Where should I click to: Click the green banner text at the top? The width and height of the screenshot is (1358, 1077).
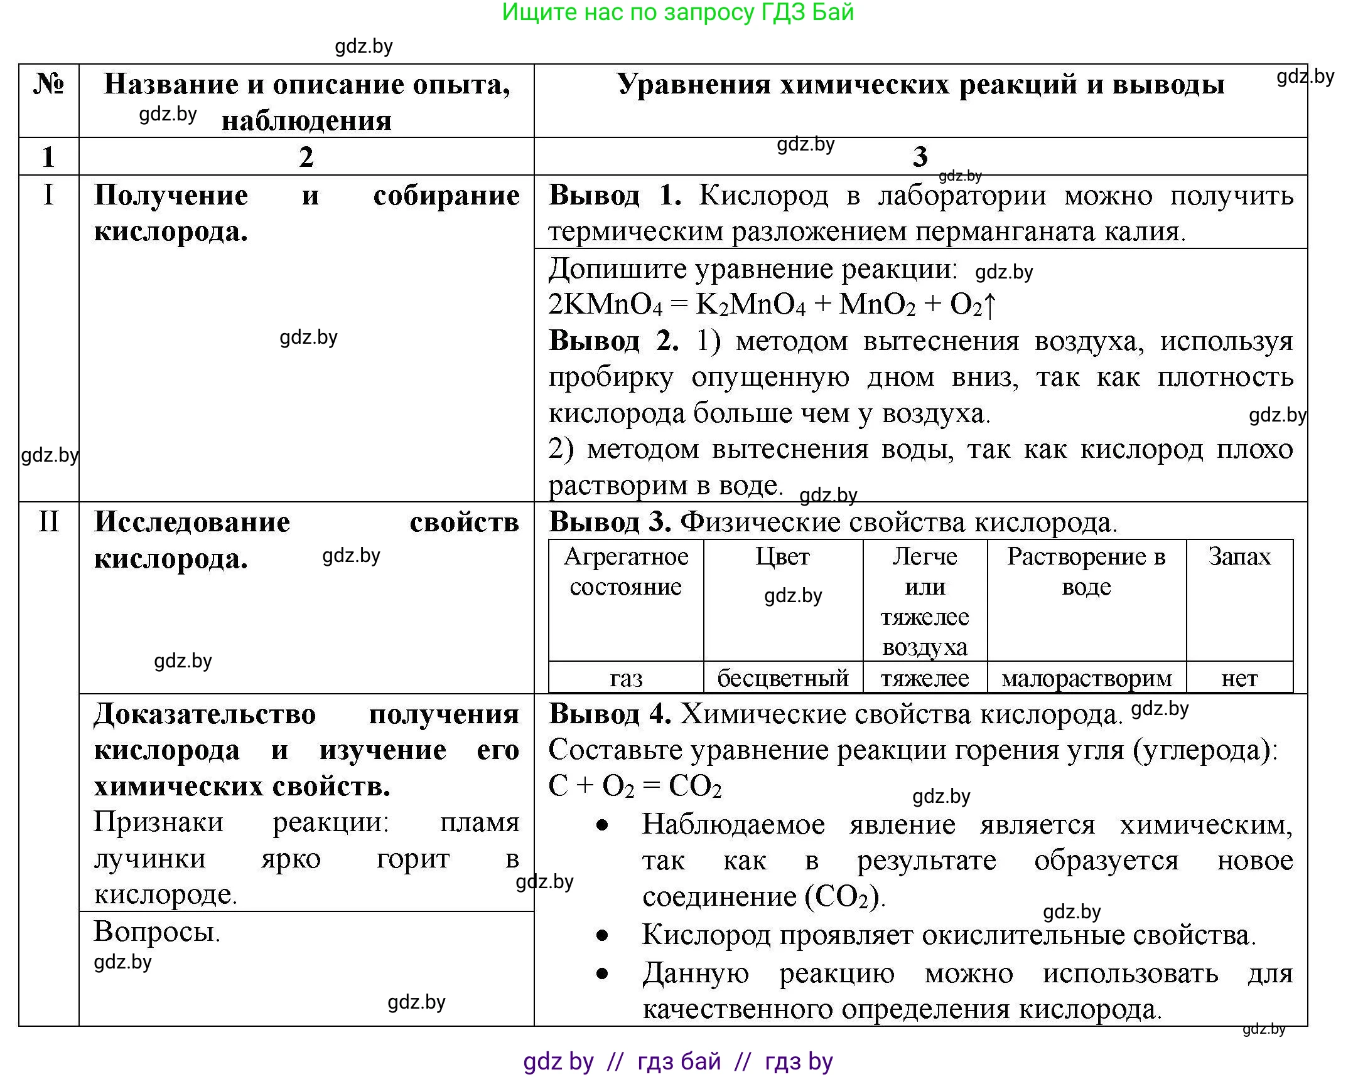point(677,13)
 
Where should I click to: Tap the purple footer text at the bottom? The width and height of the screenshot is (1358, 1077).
point(677,1061)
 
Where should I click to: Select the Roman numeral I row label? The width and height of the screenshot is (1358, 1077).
point(48,196)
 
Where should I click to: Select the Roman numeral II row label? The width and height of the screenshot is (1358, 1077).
point(48,522)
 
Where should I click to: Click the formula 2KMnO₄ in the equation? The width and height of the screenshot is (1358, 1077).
point(605,305)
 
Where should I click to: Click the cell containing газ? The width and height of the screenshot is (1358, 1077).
point(625,678)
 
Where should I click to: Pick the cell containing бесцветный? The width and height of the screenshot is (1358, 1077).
point(782,678)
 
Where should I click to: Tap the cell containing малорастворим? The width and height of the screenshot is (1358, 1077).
point(1087,678)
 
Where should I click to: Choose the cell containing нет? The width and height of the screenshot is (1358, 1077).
point(1239,678)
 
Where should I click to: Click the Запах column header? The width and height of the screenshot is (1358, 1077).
point(1239,556)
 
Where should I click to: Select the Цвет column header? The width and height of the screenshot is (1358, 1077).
point(782,556)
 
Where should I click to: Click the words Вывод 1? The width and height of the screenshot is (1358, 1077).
point(615,196)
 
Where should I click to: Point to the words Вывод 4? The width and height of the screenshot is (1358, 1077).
point(609,714)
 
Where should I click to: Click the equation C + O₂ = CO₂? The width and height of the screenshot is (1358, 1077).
point(635,786)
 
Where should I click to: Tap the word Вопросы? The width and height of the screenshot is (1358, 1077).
point(157,931)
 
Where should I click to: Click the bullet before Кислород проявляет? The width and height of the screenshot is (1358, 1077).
point(603,936)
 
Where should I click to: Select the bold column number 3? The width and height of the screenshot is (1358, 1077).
point(920,156)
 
